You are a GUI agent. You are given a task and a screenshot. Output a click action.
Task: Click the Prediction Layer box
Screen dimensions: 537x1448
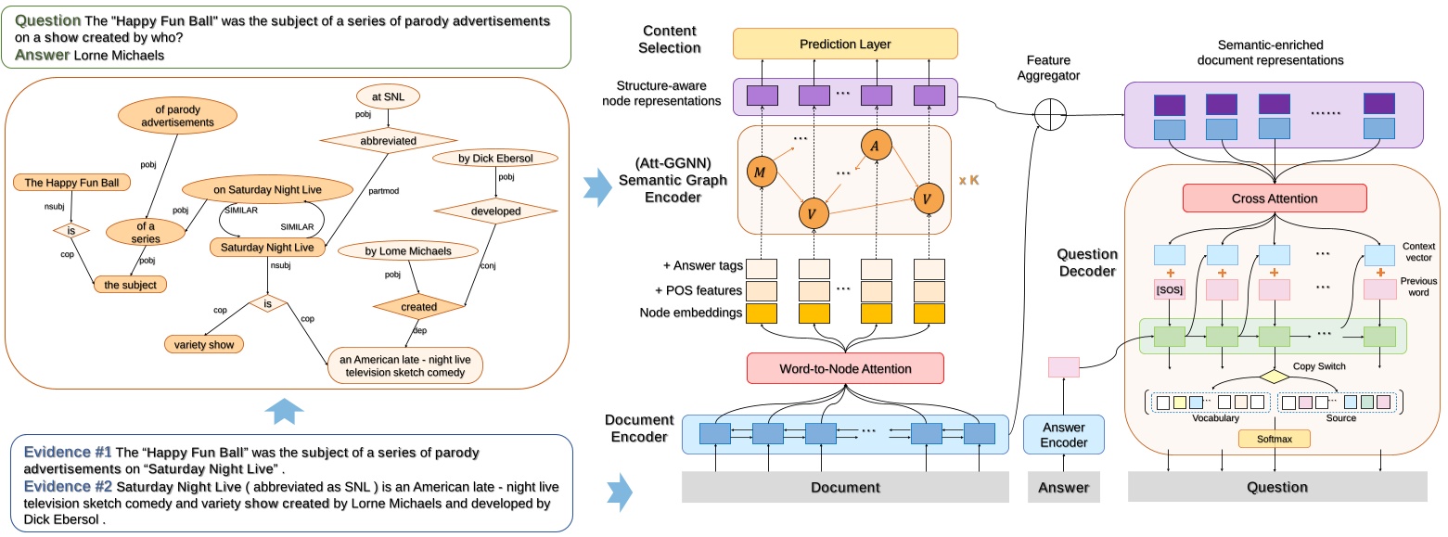845,44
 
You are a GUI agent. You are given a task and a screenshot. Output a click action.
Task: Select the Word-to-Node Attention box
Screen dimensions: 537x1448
845,369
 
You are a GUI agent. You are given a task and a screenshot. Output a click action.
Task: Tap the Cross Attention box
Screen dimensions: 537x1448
1275,198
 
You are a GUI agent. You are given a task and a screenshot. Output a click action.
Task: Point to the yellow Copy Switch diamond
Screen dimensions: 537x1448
1275,377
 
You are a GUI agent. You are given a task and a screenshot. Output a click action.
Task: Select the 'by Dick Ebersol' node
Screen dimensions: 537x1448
493,159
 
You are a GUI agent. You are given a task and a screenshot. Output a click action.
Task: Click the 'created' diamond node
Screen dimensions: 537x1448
417,307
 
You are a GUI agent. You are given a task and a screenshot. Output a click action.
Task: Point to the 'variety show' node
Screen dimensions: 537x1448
202,345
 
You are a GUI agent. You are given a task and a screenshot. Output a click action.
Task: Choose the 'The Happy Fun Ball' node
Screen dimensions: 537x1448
71,183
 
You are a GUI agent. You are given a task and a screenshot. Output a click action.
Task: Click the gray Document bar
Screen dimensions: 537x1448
845,487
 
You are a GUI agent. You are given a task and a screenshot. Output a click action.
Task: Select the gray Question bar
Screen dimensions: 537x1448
1276,487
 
